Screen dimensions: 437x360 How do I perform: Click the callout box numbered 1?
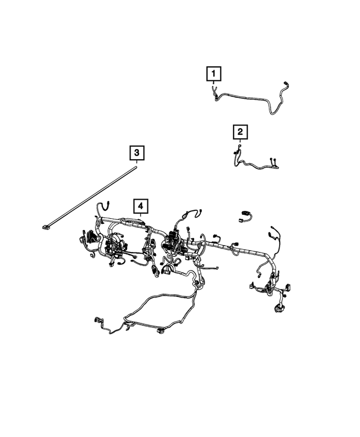click(213, 73)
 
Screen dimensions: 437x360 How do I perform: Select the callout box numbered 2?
click(240, 132)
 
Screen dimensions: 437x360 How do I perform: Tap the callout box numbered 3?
click(136, 152)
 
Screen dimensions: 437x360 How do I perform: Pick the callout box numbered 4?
click(141, 206)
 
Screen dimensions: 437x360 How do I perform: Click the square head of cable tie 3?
click(46, 227)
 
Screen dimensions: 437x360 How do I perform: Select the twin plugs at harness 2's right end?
click(275, 163)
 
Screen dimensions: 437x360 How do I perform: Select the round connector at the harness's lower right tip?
click(278, 308)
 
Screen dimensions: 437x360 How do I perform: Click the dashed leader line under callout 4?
click(141, 219)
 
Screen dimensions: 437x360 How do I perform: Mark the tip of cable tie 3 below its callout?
click(136, 164)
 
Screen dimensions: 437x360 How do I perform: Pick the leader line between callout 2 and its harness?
click(240, 142)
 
